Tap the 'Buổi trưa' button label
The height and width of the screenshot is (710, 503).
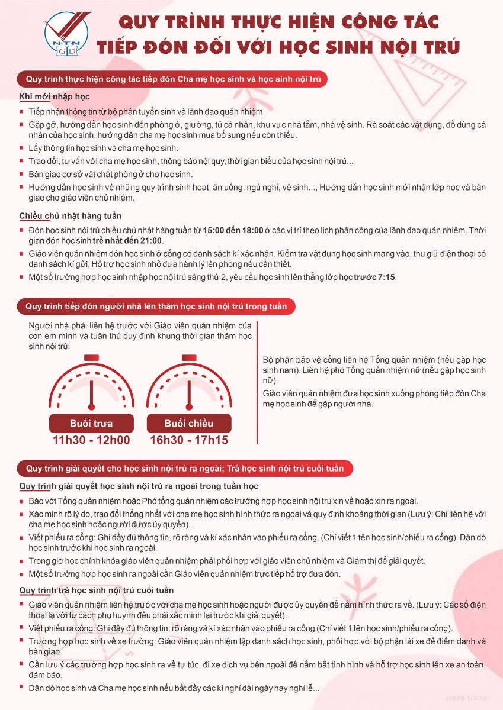pos(91,424)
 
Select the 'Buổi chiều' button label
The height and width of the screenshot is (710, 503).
pos(188,424)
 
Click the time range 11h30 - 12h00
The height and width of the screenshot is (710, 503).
pos(91,440)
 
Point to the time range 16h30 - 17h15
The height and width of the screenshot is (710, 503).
pos(189,440)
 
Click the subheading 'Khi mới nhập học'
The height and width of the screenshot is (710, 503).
pos(55,96)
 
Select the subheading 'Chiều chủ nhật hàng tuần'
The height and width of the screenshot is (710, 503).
pos(71,216)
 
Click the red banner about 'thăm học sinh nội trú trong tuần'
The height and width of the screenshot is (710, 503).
pos(156,306)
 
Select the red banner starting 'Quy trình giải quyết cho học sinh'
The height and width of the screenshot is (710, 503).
pos(185,468)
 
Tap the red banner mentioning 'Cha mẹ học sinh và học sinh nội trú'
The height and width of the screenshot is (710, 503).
pos(172,79)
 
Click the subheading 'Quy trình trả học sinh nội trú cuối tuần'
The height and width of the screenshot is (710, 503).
pos(97,590)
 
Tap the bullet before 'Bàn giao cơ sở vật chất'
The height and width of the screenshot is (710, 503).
pos(23,175)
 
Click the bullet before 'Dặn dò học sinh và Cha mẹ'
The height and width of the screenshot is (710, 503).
pos(23,689)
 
